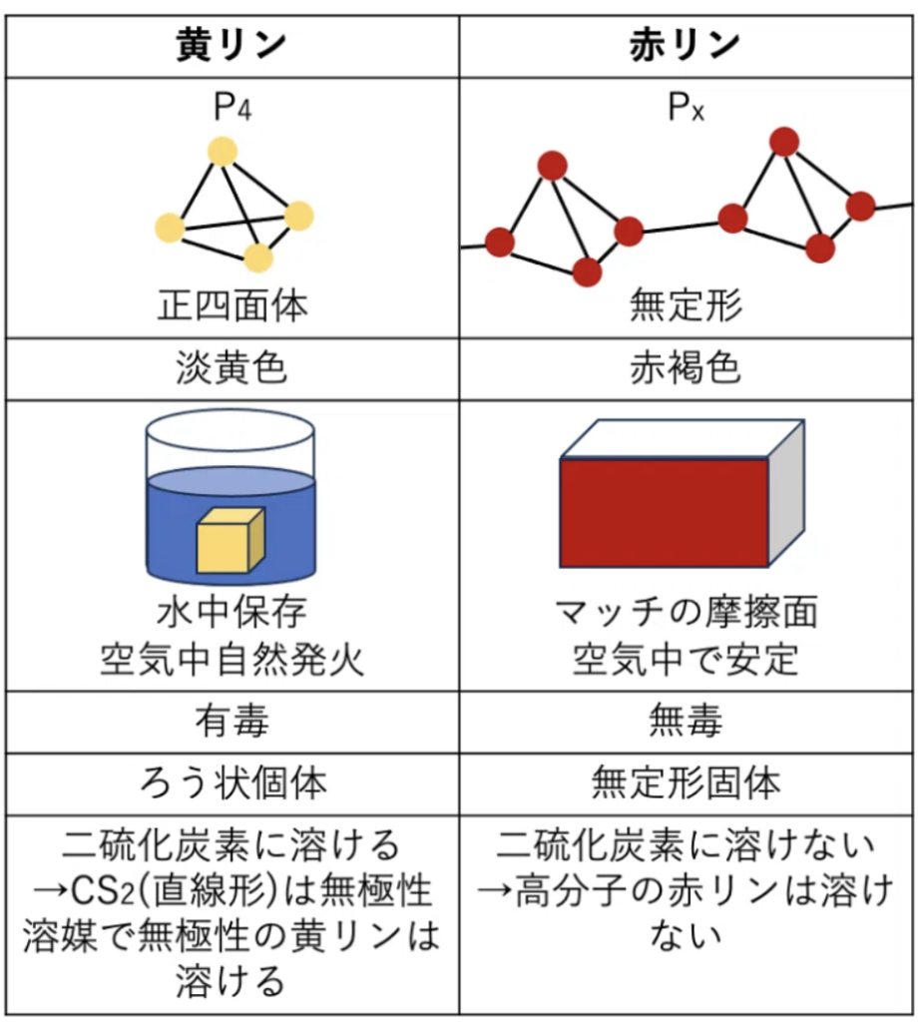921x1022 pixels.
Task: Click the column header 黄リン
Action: pyautogui.click(x=231, y=45)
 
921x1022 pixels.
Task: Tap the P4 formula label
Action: pyautogui.click(x=231, y=107)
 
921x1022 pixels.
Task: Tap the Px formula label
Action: pyautogui.click(x=686, y=107)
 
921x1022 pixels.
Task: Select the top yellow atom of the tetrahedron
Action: pyautogui.click(x=222, y=152)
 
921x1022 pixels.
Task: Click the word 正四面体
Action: pyautogui.click(x=231, y=305)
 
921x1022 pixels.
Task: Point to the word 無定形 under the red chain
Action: pyautogui.click(x=686, y=305)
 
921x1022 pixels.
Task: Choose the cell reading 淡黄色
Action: pyautogui.click(x=231, y=369)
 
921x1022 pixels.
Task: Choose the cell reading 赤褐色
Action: pyautogui.click(x=686, y=369)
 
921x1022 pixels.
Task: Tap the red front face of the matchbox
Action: pyautogui.click(x=664, y=513)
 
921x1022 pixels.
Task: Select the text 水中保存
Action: pyautogui.click(x=231, y=612)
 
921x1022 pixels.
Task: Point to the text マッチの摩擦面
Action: pyautogui.click(x=686, y=612)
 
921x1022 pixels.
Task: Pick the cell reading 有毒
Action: pyautogui.click(x=231, y=721)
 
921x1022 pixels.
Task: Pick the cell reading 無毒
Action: pyautogui.click(x=686, y=721)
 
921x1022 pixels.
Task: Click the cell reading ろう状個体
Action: pyautogui.click(x=231, y=783)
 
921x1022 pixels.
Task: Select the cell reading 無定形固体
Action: pyautogui.click(x=686, y=783)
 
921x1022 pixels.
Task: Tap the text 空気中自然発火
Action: pyautogui.click(x=231, y=660)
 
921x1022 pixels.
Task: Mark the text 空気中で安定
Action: pyautogui.click(x=686, y=660)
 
